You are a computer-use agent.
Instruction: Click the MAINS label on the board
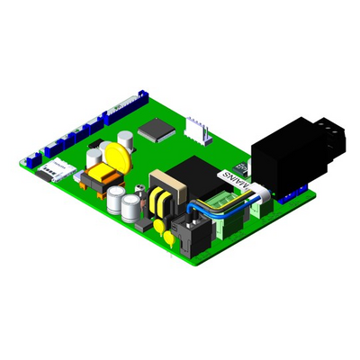point(238,183)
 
